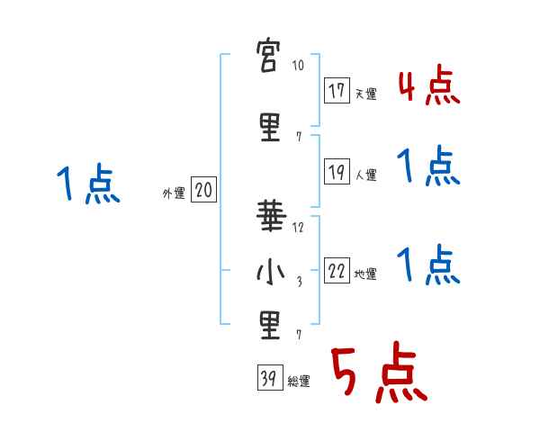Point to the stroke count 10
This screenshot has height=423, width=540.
click(x=299, y=67)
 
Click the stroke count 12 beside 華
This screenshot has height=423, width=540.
click(x=299, y=227)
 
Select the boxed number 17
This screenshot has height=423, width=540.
click(x=337, y=90)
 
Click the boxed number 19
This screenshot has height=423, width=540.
click(x=337, y=172)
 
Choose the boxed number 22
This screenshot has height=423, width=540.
click(x=337, y=271)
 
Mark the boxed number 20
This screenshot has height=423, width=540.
click(x=203, y=190)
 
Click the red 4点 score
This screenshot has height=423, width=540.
click(x=428, y=87)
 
